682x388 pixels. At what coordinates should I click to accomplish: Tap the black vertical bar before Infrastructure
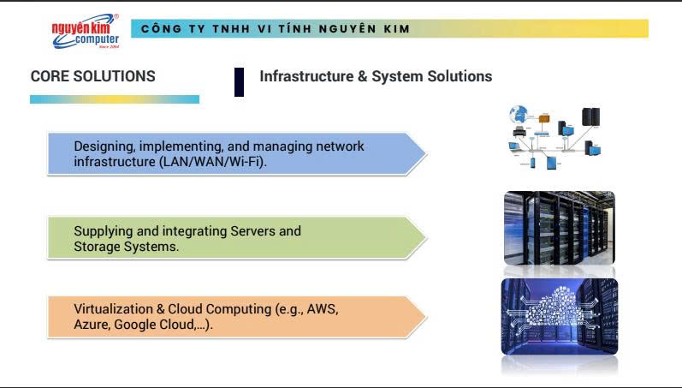pyautogui.click(x=239, y=81)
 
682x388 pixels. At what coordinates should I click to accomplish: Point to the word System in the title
pyautogui.click(x=397, y=76)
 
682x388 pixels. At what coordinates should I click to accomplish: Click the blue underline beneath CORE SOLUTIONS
pyautogui.click(x=115, y=99)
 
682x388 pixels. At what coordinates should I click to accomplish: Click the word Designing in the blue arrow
pyautogui.click(x=104, y=146)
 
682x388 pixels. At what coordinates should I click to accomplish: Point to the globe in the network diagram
pyautogui.click(x=519, y=114)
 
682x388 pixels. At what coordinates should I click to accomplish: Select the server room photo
pyautogui.click(x=559, y=229)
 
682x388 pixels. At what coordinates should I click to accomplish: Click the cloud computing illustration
pyautogui.click(x=559, y=316)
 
